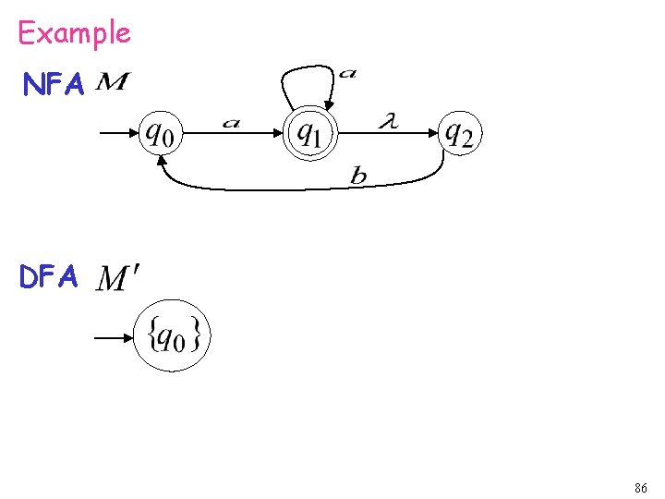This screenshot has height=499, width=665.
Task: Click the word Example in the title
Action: (74, 33)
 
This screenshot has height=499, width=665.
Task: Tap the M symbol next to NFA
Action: (112, 84)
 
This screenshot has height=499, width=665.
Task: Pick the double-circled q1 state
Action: (310, 136)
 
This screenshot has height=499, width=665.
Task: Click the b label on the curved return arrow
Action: (357, 176)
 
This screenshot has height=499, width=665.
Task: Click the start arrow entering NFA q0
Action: (116, 135)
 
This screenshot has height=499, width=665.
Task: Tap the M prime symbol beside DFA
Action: (118, 276)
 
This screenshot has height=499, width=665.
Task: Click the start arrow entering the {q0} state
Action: (115, 338)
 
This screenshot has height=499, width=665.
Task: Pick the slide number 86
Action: (640, 487)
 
